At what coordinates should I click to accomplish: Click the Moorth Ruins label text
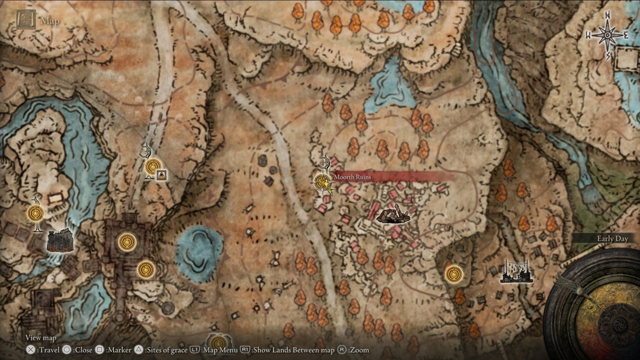(352, 177)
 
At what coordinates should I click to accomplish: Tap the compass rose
(607, 36)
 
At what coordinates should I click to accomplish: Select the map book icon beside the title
(26, 19)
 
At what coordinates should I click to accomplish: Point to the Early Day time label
(612, 239)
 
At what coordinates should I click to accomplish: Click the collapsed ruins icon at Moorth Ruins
(393, 215)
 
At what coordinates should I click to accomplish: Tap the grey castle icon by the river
(60, 241)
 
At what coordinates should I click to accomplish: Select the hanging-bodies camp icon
(516, 272)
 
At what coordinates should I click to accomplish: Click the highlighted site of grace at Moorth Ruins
(323, 181)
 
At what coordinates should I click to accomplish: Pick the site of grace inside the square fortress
(127, 242)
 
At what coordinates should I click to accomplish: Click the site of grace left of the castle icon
(36, 213)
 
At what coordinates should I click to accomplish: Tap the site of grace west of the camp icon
(454, 274)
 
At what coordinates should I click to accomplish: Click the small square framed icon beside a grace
(162, 175)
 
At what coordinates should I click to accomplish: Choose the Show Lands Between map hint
(287, 350)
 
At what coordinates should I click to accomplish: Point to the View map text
(41, 337)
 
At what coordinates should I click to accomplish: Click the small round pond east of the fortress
(199, 249)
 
